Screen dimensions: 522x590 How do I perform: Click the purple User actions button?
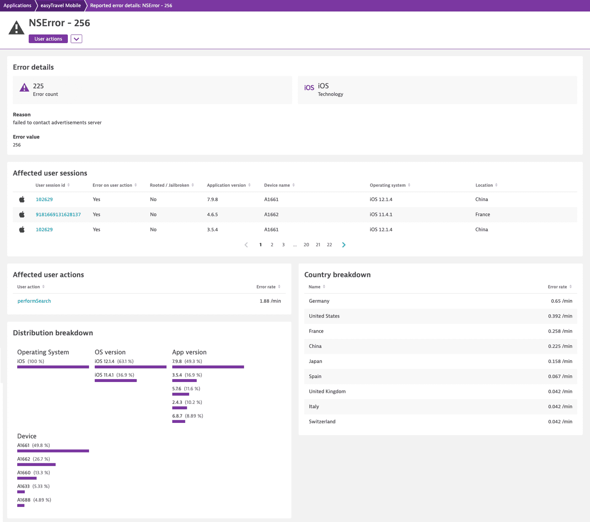(48, 39)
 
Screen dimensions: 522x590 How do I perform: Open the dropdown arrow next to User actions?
(76, 39)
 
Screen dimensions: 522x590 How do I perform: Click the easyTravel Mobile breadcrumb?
(61, 5)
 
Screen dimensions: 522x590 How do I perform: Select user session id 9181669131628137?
(58, 215)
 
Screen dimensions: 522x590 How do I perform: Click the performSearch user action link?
(34, 301)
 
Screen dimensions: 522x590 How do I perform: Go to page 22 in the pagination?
(329, 245)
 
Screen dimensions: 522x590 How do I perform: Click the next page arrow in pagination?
(344, 245)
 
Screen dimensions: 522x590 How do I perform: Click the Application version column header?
(226, 185)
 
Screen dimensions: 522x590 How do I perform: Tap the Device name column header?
(277, 185)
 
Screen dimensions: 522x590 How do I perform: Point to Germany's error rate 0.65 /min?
(561, 301)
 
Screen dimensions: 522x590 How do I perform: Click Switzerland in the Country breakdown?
(322, 422)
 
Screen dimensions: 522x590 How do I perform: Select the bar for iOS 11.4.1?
(115, 381)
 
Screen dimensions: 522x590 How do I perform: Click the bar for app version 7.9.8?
(208, 367)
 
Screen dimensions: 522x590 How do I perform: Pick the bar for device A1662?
(36, 465)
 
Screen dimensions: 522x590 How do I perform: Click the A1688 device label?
(24, 500)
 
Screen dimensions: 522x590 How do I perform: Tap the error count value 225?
(38, 86)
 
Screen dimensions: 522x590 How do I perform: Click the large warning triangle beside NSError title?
(16, 28)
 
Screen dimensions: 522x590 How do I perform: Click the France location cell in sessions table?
(483, 215)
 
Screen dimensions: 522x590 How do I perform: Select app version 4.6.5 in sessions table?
(212, 215)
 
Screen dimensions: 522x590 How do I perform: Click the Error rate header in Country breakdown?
(557, 287)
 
